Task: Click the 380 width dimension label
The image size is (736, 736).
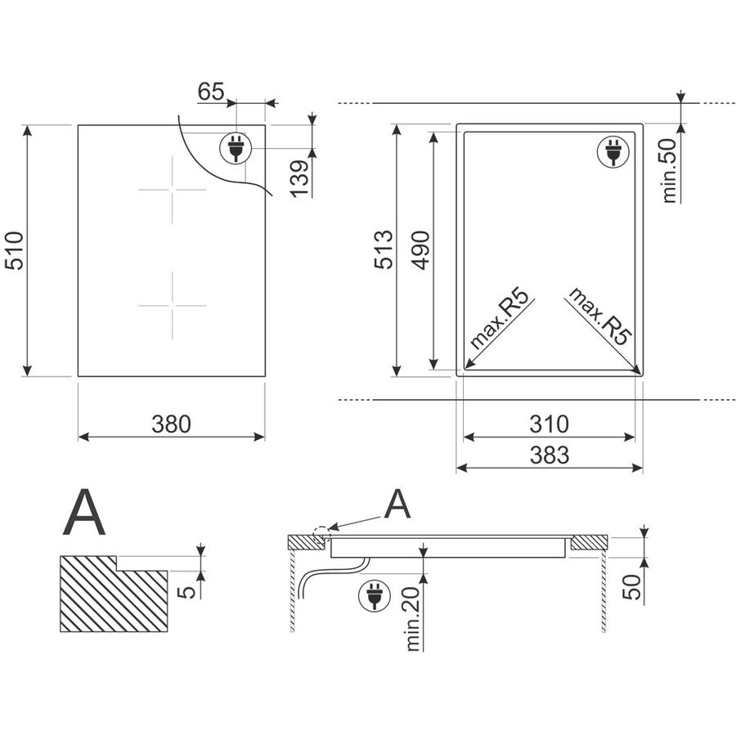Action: (x=172, y=424)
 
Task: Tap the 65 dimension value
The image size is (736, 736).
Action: (x=211, y=91)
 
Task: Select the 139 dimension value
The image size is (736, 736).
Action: (x=300, y=179)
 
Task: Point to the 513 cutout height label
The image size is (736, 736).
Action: (x=384, y=249)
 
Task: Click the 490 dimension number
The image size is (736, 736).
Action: (x=420, y=250)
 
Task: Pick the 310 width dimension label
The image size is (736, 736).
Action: (x=550, y=424)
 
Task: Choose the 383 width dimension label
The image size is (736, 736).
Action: (x=550, y=455)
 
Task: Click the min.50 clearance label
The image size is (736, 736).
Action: (x=669, y=170)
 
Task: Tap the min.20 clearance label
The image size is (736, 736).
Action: (x=413, y=619)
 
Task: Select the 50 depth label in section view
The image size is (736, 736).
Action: (x=632, y=586)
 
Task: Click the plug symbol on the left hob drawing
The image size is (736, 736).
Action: (x=236, y=147)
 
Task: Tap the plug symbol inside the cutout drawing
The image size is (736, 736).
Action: (x=613, y=151)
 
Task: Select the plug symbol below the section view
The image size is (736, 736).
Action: (x=374, y=595)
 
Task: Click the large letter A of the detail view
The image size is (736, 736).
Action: (x=84, y=512)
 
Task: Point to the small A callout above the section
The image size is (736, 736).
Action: (x=397, y=504)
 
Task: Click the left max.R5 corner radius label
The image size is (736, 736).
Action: (x=499, y=319)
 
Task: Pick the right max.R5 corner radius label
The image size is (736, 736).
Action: (x=600, y=316)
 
